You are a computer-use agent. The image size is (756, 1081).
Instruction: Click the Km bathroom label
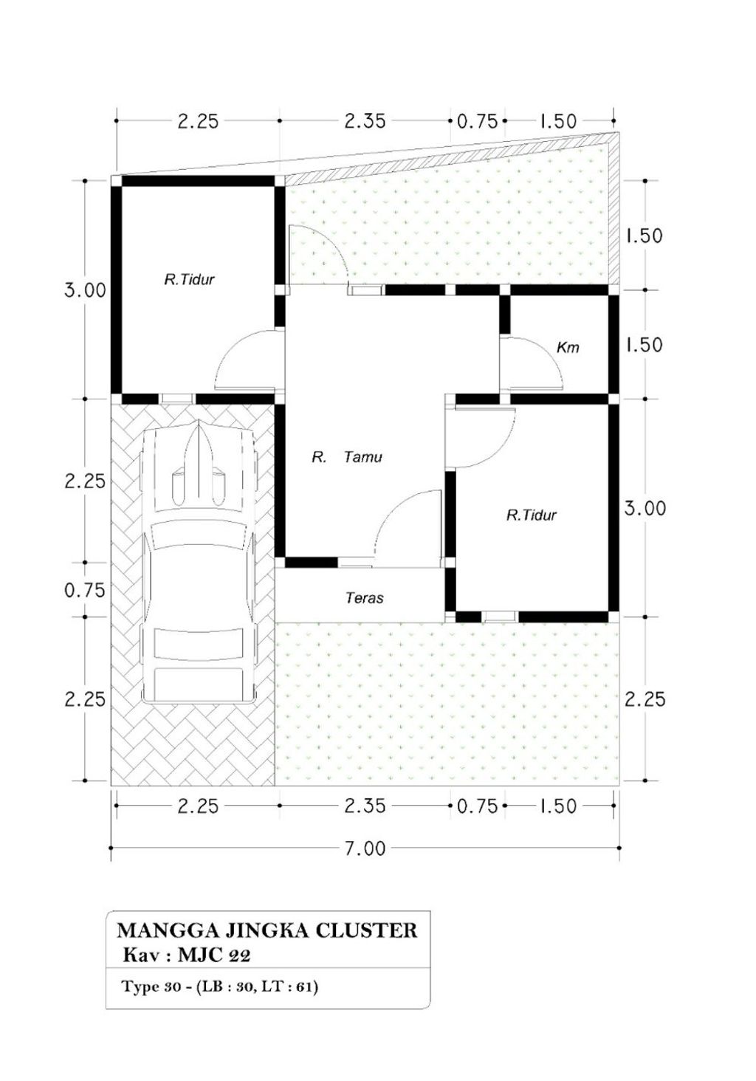click(x=568, y=348)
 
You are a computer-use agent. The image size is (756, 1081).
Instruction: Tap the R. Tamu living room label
click(x=347, y=457)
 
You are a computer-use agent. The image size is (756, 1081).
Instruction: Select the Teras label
click(x=365, y=598)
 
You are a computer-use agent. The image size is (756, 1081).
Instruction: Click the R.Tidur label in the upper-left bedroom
click(x=189, y=280)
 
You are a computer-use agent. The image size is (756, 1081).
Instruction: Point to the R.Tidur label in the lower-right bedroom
click(x=531, y=515)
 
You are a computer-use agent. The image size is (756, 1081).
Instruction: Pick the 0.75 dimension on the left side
click(x=85, y=590)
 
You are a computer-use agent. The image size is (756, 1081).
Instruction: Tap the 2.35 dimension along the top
click(x=365, y=121)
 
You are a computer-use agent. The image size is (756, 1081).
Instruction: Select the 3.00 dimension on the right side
click(x=645, y=509)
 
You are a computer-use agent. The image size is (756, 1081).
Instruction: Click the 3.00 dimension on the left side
click(x=85, y=291)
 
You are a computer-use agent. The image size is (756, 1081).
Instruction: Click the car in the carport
click(x=198, y=561)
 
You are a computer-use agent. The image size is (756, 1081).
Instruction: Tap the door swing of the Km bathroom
click(x=531, y=362)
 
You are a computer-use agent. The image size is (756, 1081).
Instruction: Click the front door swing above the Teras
click(x=408, y=528)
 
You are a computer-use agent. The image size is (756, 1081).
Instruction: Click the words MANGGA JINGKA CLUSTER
click(x=267, y=930)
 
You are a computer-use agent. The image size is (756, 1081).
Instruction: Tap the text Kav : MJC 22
click(x=187, y=955)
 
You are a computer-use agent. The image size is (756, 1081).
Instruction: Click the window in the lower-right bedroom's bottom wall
click(x=499, y=617)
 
